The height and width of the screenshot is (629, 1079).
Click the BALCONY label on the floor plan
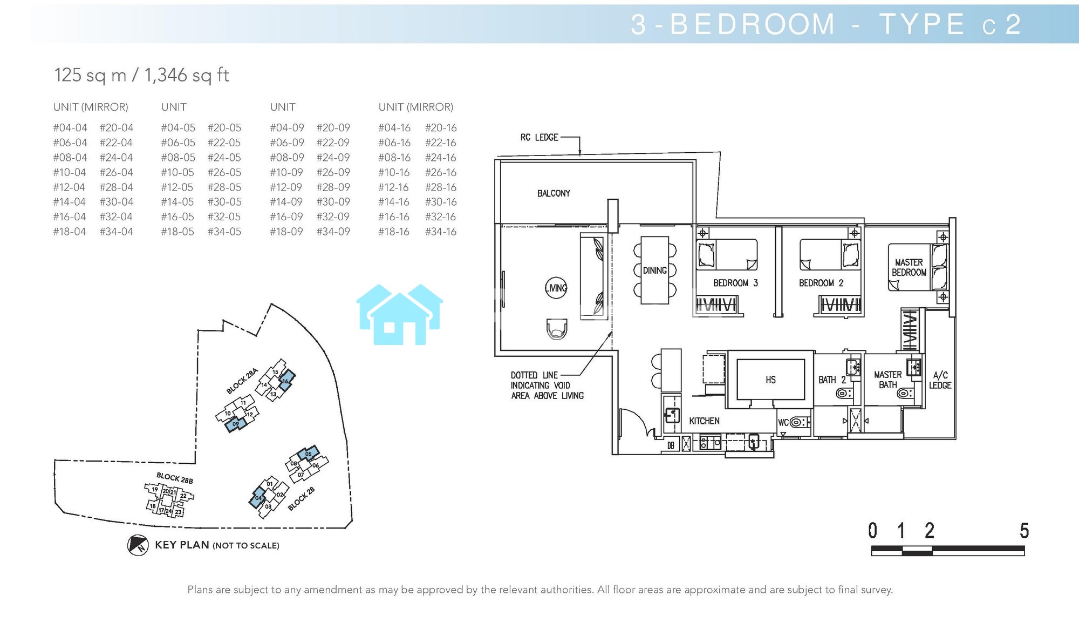[554, 193]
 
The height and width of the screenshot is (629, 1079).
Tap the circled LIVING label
[556, 288]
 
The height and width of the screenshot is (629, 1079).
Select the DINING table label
[654, 270]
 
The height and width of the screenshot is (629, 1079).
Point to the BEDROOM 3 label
[735, 283]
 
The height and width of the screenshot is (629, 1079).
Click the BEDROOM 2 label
[821, 283]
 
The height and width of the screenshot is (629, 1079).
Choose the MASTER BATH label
[888, 380]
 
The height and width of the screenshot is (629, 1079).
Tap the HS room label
[770, 380]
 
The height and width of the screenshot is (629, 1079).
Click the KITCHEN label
[704, 421]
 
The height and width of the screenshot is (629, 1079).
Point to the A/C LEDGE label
[940, 380]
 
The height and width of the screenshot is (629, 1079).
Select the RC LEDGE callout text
[539, 138]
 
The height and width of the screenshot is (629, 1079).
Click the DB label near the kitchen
[671, 445]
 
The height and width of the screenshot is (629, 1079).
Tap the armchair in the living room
[557, 328]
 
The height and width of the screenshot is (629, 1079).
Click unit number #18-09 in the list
[286, 232]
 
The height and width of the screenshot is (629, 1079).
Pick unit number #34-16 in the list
[441, 232]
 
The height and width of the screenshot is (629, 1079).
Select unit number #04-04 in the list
[70, 128]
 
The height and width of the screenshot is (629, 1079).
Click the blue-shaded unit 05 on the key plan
[308, 454]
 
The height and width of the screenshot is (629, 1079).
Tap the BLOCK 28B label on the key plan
[174, 478]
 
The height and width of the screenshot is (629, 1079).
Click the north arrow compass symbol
[138, 545]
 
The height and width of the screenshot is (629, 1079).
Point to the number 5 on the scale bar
[1024, 531]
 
